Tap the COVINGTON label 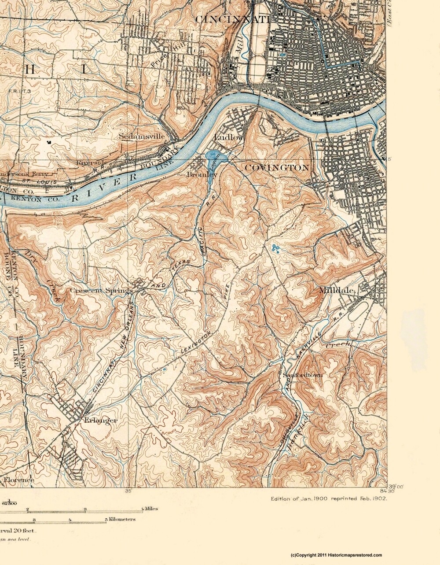(276, 168)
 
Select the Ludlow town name (229, 138)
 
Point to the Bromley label (202, 174)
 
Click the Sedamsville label (142, 137)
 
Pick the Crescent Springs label (101, 291)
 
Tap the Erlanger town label (100, 421)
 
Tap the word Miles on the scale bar (150, 509)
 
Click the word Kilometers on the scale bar (122, 519)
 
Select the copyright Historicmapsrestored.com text (337, 555)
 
